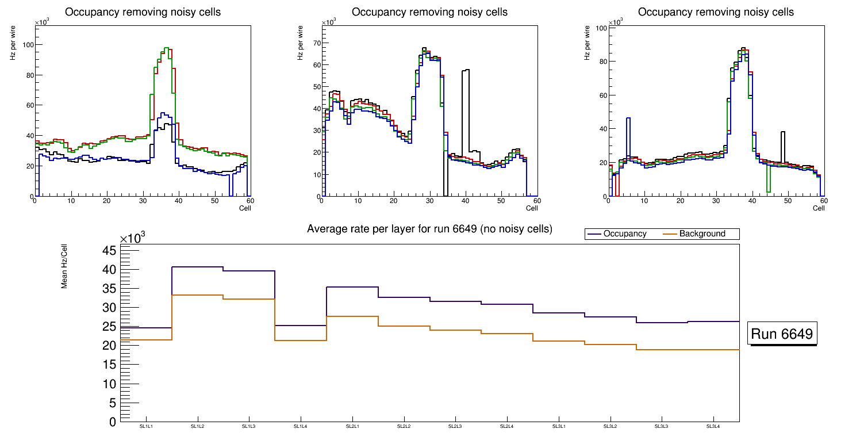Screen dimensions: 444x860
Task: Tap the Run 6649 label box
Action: click(x=782, y=334)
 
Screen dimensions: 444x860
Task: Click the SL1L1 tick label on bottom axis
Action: click(x=146, y=426)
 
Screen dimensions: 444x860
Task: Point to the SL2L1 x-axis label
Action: click(x=352, y=426)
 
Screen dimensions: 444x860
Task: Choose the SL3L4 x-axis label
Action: click(x=713, y=426)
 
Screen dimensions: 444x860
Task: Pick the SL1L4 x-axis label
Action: click(x=301, y=426)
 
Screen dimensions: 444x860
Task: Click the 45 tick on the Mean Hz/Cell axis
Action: click(x=110, y=250)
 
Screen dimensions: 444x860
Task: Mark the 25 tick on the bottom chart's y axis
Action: click(x=110, y=327)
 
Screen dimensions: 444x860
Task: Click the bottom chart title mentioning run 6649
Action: click(x=429, y=229)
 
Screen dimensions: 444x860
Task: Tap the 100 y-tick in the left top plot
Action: click(x=24, y=45)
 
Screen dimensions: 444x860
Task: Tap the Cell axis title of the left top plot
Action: click(x=245, y=208)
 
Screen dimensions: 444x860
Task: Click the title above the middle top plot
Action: click(x=429, y=12)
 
